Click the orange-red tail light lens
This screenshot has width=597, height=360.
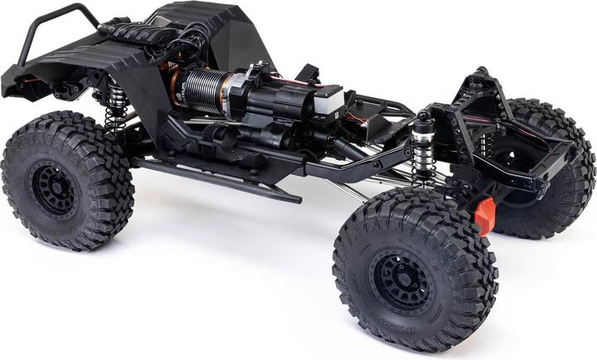click(485, 215)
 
